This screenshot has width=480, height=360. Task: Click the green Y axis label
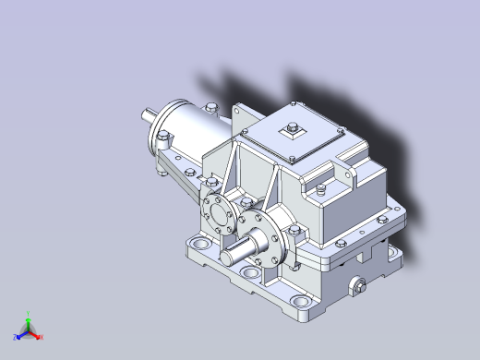[30, 313]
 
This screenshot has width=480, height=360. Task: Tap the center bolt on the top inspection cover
[294, 127]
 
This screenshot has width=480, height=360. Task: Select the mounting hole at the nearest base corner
[302, 302]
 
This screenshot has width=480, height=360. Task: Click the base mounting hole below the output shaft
[250, 274]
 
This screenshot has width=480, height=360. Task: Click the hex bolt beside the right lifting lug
[321, 190]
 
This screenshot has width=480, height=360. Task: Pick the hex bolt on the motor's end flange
[163, 140]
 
